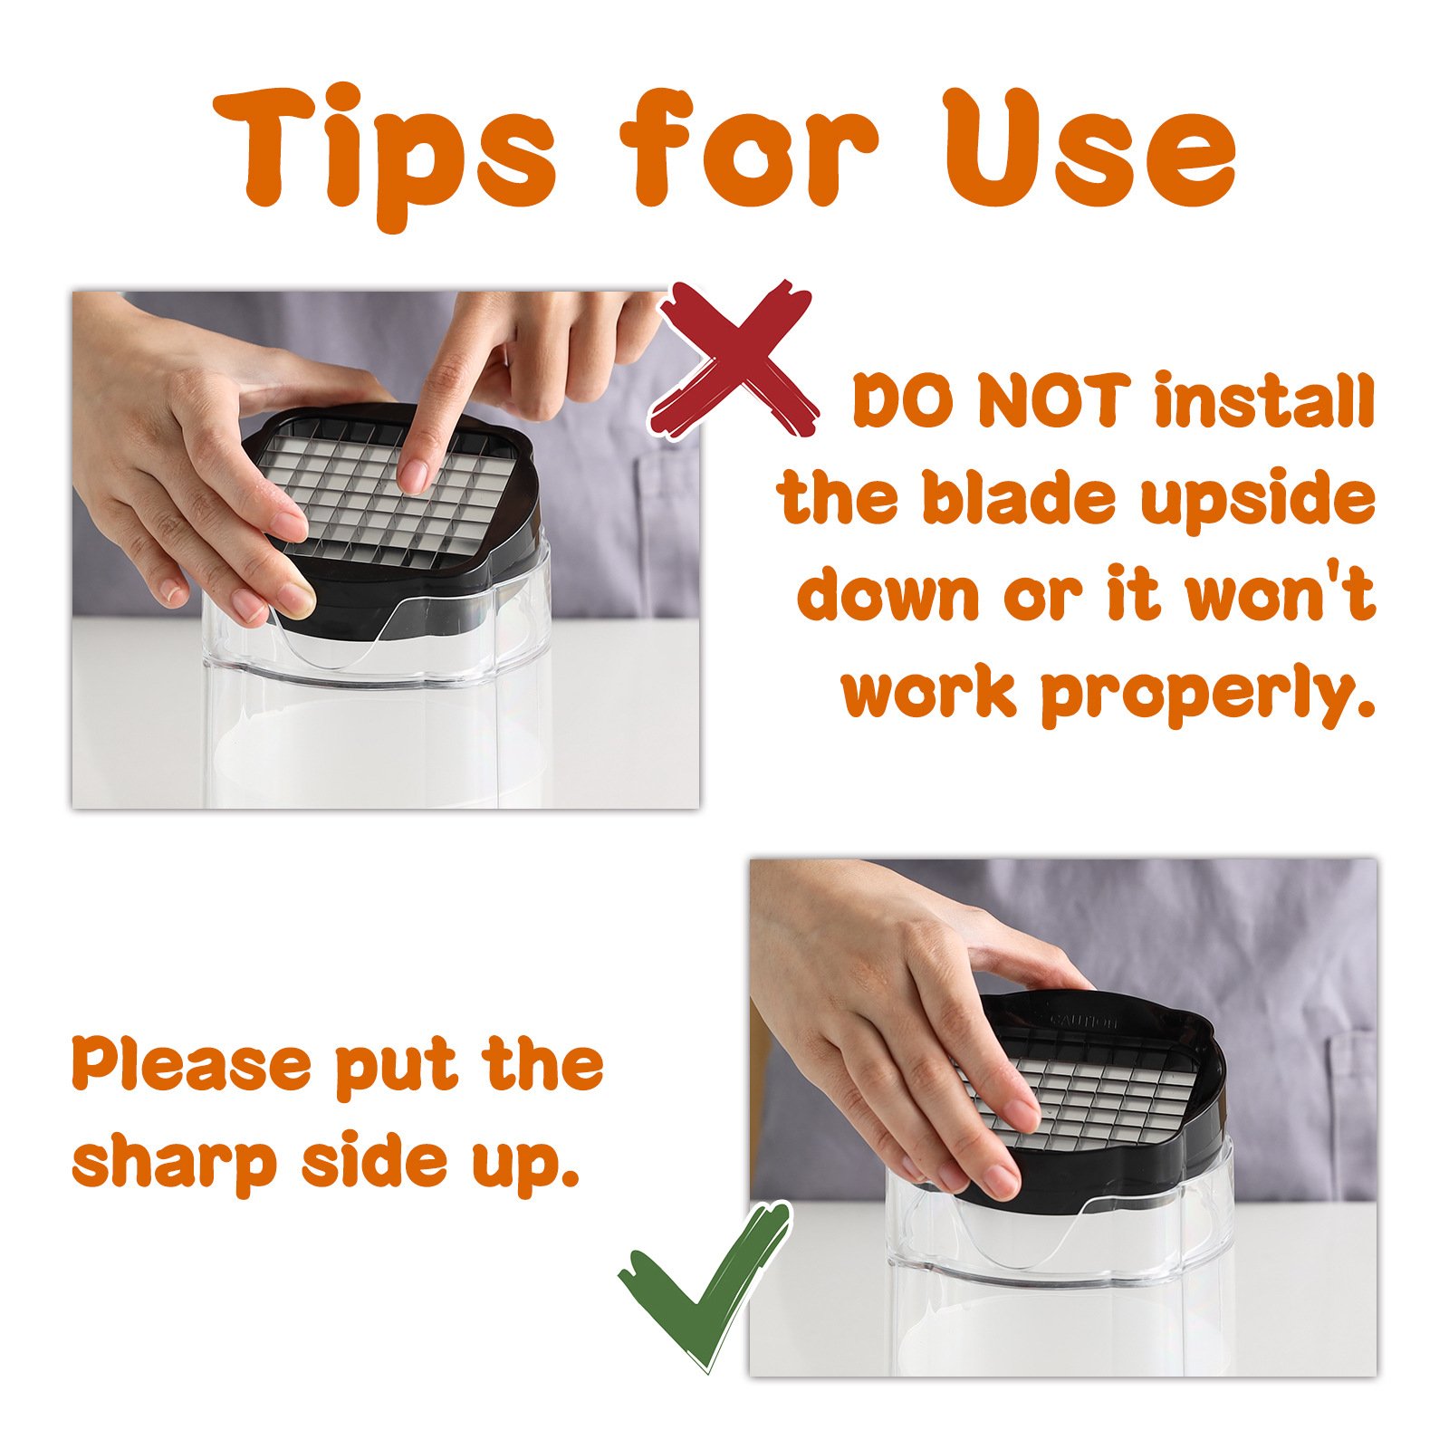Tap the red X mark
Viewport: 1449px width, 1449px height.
735,362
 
